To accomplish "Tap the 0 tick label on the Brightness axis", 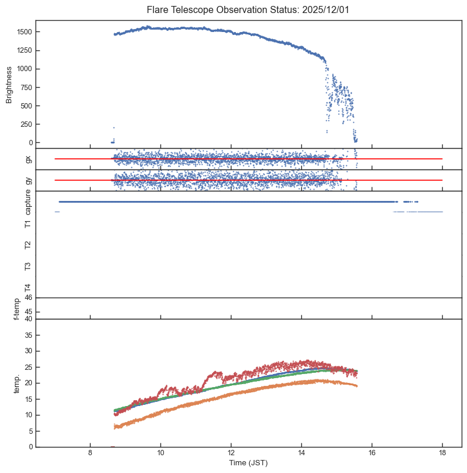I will click(x=30, y=143).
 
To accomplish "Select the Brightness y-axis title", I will click(x=9, y=84).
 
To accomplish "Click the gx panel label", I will click(x=27, y=159).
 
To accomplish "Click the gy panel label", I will click(x=27, y=180).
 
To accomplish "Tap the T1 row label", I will click(x=27, y=223).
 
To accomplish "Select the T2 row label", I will click(x=27, y=245).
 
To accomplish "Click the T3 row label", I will click(x=27, y=266).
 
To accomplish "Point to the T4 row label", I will click(x=27, y=287).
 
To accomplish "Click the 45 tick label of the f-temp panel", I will click(x=28, y=312).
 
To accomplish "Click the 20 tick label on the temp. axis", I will click(x=28, y=383).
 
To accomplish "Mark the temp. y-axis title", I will click(x=18, y=383).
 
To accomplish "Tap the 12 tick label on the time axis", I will click(x=231, y=453).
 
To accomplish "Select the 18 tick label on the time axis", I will click(x=442, y=453).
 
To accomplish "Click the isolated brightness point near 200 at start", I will click(x=114, y=127).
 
